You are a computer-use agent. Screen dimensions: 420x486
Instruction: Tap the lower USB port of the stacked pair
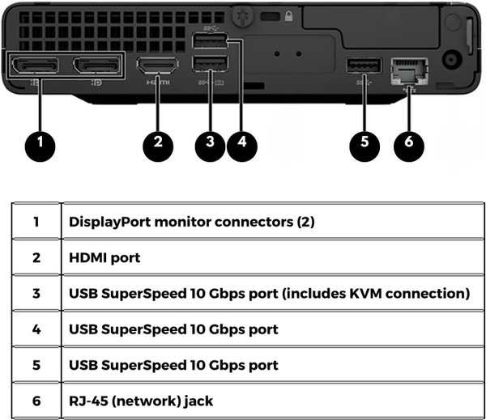pyautogui.click(x=210, y=66)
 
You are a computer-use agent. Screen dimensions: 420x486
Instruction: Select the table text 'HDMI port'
pyautogui.click(x=104, y=257)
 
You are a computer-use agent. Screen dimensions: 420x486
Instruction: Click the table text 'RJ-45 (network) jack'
pyautogui.click(x=134, y=401)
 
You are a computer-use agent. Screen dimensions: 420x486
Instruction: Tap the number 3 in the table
pyautogui.click(x=36, y=293)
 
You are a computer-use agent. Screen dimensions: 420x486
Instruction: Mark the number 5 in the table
pyautogui.click(x=36, y=365)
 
